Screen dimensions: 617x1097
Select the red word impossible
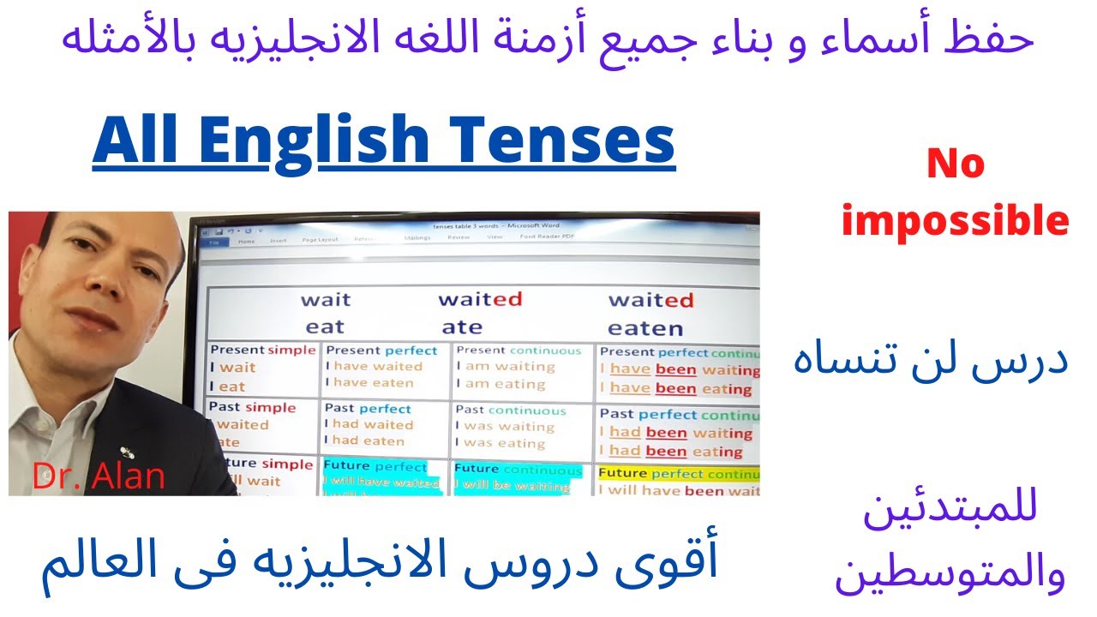pyautogui.click(x=955, y=222)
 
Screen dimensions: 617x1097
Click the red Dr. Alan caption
pyautogui.click(x=99, y=476)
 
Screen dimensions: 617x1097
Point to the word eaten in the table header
pyautogui.click(x=644, y=328)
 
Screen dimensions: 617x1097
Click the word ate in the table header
pyautogui.click(x=462, y=327)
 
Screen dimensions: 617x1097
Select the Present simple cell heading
pyautogui.click(x=262, y=350)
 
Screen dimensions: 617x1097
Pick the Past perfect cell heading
pyautogui.click(x=368, y=408)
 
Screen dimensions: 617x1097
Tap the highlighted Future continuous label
pyautogui.click(x=518, y=469)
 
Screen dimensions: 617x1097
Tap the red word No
pyautogui.click(x=955, y=163)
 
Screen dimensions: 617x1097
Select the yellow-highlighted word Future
pyautogui.click(x=622, y=473)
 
